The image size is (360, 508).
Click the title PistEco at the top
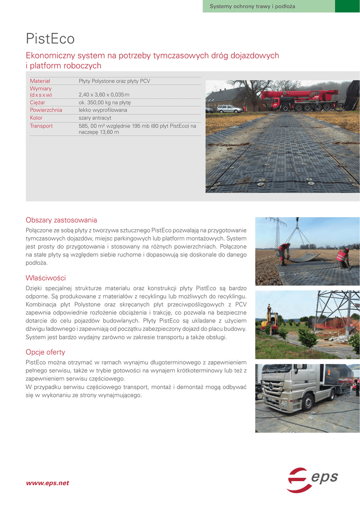click(50, 39)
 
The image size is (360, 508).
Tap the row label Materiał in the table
click(40, 81)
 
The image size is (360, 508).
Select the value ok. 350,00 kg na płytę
click(104, 102)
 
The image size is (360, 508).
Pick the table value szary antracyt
click(95, 118)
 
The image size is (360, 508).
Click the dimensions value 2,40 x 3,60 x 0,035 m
click(104, 95)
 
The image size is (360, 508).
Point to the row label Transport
click(41, 126)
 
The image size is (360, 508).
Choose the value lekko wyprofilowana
click(103, 110)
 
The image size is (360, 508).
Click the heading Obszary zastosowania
click(61, 220)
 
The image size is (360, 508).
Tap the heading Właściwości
click(46, 278)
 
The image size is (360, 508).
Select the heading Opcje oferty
click(45, 352)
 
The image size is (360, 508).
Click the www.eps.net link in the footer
click(47, 483)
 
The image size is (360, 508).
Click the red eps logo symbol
click(298, 480)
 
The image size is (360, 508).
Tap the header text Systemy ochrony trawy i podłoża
click(252, 6)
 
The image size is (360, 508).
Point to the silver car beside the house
click(229, 108)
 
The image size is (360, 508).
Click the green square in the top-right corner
click(347, 6)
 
